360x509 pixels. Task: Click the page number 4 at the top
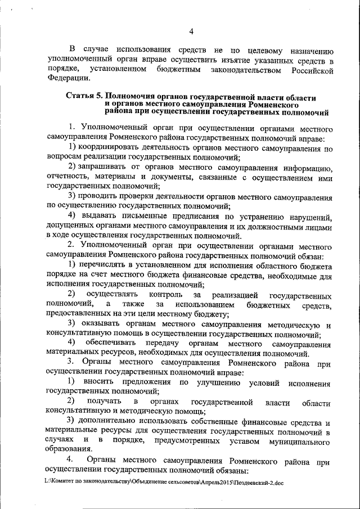tap(191, 31)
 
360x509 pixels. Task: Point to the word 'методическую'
tap(292, 325)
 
